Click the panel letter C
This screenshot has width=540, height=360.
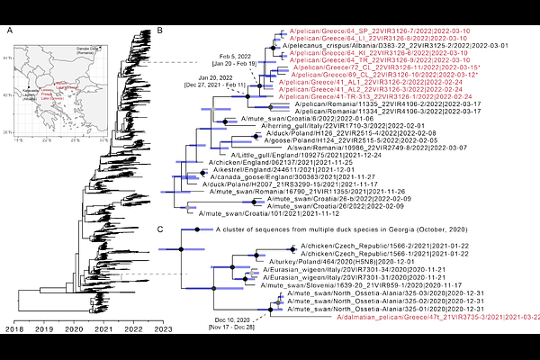click(160, 229)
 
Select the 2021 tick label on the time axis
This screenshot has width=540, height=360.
click(102, 331)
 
